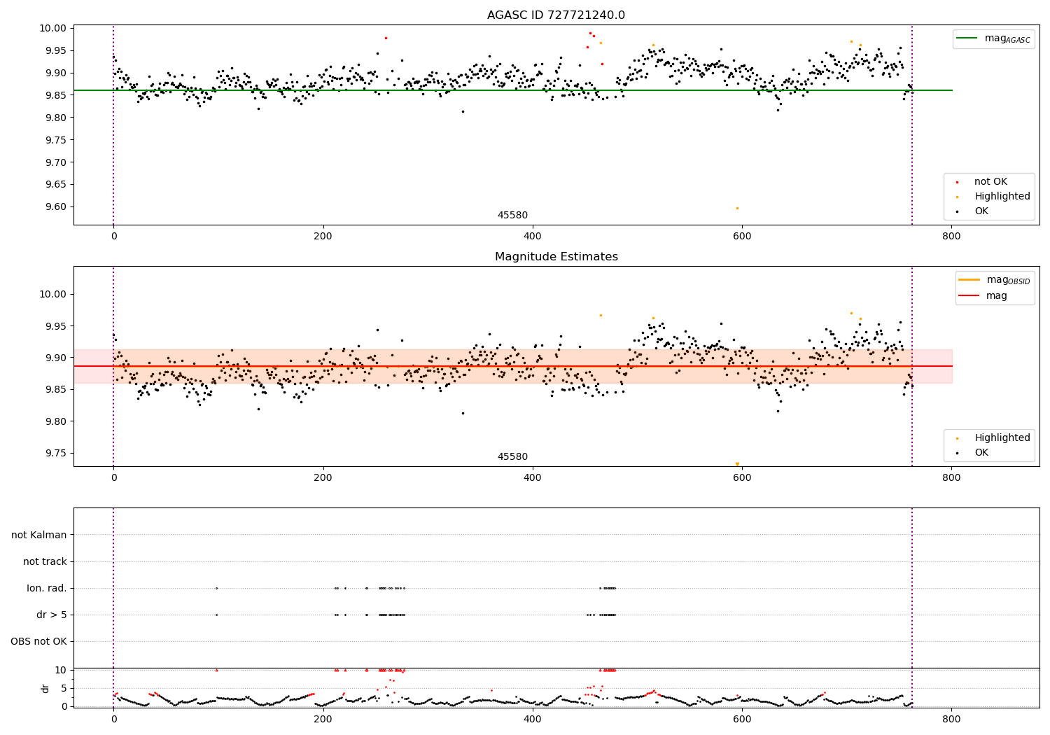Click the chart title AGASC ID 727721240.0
tap(556, 15)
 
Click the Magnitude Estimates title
tap(556, 257)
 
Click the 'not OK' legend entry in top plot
tap(990, 182)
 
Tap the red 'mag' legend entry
tap(997, 296)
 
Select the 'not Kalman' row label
tap(39, 535)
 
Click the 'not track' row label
tap(45, 562)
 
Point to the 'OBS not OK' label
tap(38, 642)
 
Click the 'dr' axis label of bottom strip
tap(45, 688)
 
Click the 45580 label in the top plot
tap(512, 216)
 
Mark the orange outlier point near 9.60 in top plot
tap(737, 208)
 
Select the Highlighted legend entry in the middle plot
tap(1002, 438)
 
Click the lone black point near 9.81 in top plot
tap(463, 111)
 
